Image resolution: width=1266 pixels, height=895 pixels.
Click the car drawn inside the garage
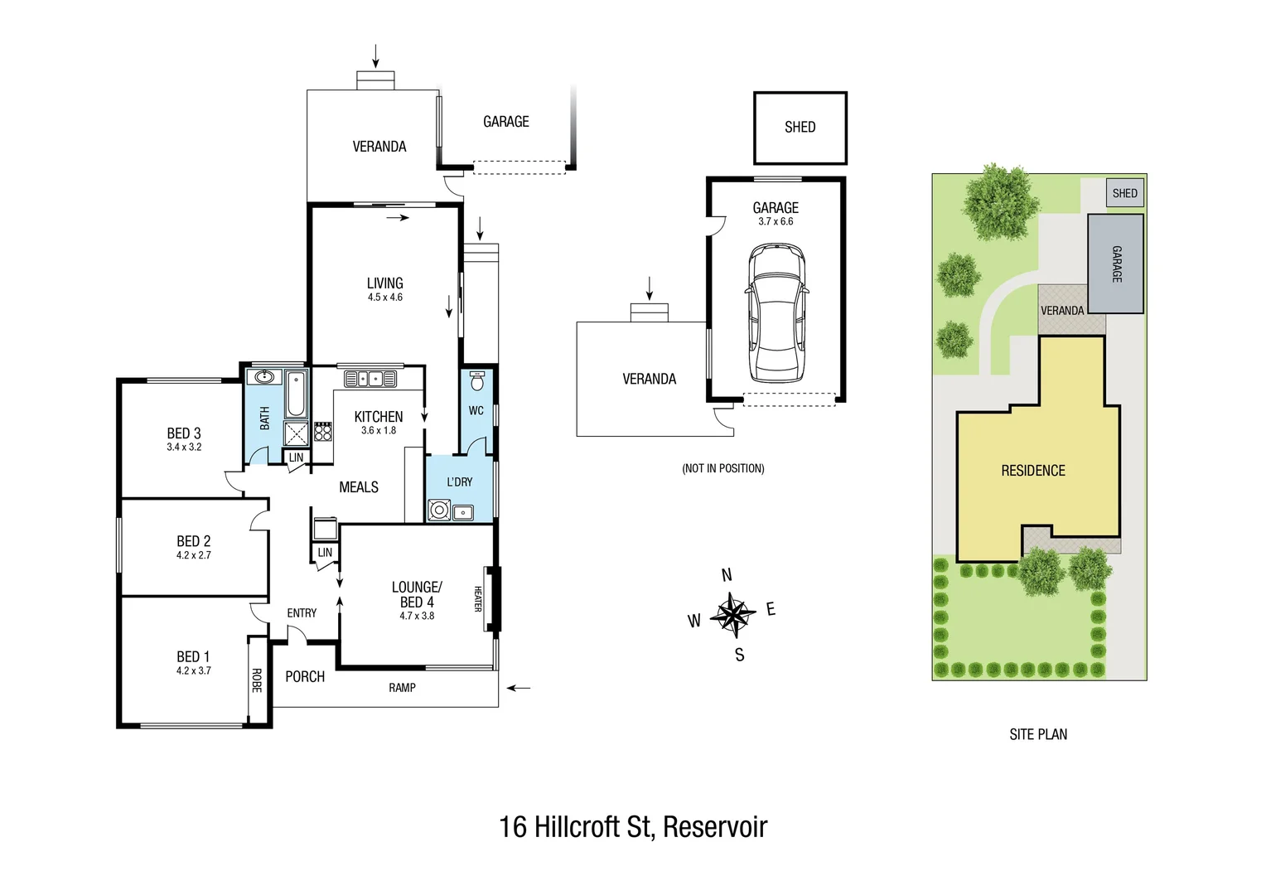click(776, 312)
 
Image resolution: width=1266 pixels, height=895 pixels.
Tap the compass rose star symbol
click(733, 615)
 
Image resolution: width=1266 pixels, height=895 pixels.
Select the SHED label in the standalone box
click(800, 127)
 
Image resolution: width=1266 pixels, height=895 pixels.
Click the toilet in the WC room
click(476, 382)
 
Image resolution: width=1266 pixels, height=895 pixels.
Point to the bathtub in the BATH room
click(296, 394)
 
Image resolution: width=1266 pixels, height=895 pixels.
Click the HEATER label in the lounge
click(478, 598)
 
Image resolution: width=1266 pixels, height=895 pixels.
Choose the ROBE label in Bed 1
click(257, 680)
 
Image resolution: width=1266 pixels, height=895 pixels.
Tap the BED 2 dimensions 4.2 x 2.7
click(193, 555)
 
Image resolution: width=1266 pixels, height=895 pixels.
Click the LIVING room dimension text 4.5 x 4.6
click(385, 298)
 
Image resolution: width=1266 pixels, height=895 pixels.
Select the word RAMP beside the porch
click(402, 688)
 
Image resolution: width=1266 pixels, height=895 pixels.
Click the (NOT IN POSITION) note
click(722, 468)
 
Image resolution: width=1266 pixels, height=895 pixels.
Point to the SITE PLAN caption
click(1038, 734)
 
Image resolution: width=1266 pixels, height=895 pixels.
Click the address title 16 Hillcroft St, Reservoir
click(633, 826)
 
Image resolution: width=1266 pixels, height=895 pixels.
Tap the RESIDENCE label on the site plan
click(1033, 471)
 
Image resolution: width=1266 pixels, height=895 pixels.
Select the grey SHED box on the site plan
click(1124, 193)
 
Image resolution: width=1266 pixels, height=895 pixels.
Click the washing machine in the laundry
click(439, 510)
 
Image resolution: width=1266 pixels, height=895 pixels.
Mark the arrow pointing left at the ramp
click(519, 688)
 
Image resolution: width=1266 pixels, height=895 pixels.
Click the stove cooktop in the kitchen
click(323, 431)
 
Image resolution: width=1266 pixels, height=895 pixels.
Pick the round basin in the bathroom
click(264, 377)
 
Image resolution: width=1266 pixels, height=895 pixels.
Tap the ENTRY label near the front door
click(302, 613)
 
